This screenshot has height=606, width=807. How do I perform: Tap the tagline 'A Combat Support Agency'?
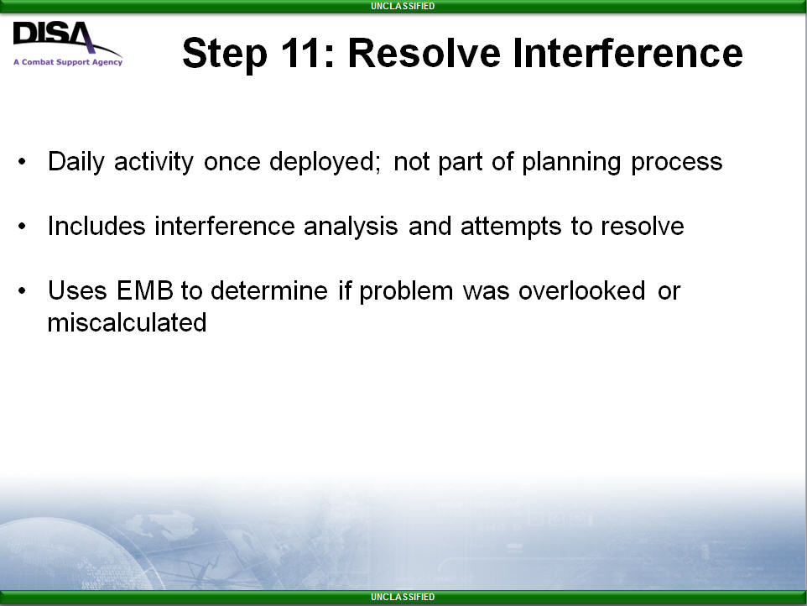tap(68, 62)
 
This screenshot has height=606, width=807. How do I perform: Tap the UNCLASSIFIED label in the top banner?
tap(403, 6)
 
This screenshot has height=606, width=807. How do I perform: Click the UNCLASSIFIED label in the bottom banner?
tap(403, 597)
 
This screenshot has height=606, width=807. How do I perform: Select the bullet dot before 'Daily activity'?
tap(22, 162)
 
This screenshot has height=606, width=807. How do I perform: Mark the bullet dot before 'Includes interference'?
tap(22, 226)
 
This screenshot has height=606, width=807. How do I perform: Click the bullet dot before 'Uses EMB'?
tap(22, 291)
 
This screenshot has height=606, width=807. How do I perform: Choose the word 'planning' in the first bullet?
tap(571, 163)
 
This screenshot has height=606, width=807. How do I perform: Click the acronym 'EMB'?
tap(144, 291)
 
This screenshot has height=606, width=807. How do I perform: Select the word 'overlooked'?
tap(581, 291)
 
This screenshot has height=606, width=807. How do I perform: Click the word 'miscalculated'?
tap(128, 323)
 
